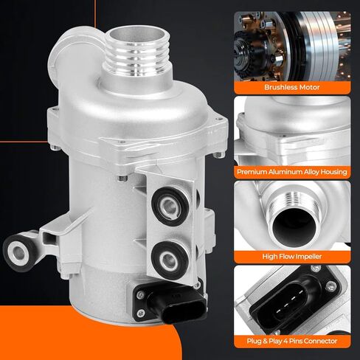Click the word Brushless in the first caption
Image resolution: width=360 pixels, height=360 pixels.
[x=280, y=86]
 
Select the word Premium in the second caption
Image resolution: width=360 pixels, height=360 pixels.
[x=255, y=171]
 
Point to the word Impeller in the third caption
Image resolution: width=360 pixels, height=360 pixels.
[x=317, y=257]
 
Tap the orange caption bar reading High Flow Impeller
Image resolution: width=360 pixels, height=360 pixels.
[x=297, y=257]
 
